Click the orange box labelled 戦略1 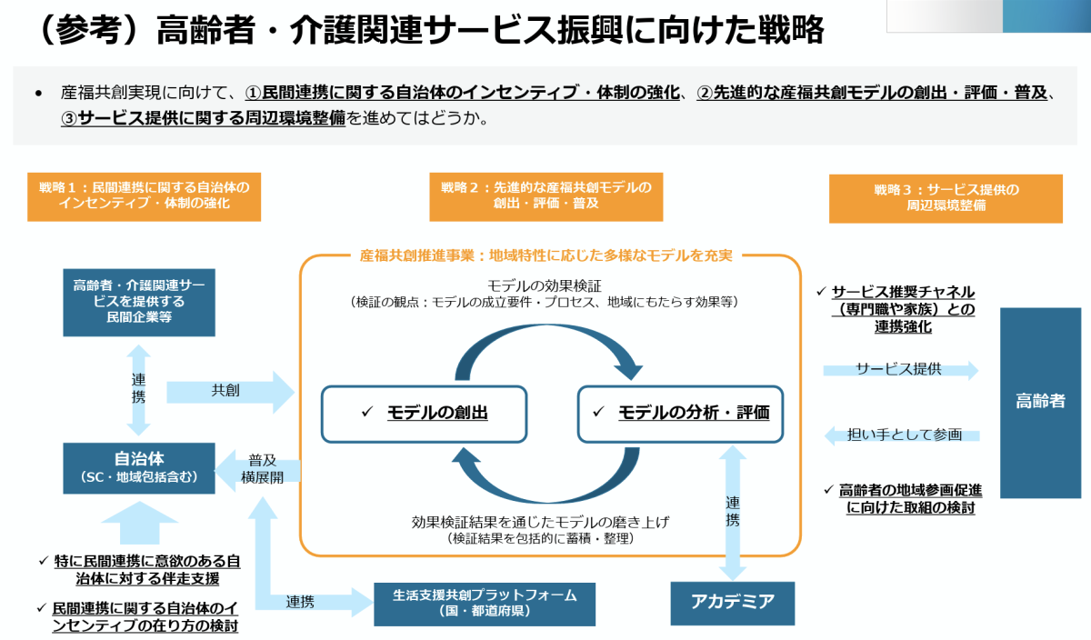(x=144, y=196)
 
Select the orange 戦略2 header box (x=546, y=196)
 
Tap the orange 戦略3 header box (x=946, y=198)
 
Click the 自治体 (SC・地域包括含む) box (x=139, y=468)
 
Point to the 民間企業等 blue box (x=139, y=302)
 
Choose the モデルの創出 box (x=425, y=413)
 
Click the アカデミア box (x=732, y=602)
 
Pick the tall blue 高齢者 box (x=1040, y=401)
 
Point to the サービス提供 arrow (x=900, y=370)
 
